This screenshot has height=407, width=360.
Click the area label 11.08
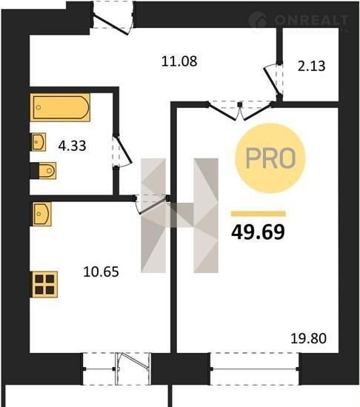(179, 61)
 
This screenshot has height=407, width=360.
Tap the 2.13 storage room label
(311, 66)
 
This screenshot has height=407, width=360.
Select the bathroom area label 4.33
(72, 146)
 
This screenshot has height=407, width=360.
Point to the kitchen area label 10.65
(101, 272)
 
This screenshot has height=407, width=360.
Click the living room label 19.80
(308, 338)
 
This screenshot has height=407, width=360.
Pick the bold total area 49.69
(258, 232)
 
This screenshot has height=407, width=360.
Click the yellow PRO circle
(270, 158)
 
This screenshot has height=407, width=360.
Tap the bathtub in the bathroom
(60, 107)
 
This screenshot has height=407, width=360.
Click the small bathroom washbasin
(39, 142)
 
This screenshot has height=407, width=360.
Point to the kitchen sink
(41, 214)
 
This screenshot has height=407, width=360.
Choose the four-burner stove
(44, 284)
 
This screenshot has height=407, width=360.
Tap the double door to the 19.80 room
(240, 110)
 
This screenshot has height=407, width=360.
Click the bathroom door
(121, 151)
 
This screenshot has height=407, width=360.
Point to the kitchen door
(150, 203)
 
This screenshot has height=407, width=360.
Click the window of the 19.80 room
(255, 369)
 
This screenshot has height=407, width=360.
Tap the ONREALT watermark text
(311, 20)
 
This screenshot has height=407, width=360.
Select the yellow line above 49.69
(259, 214)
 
